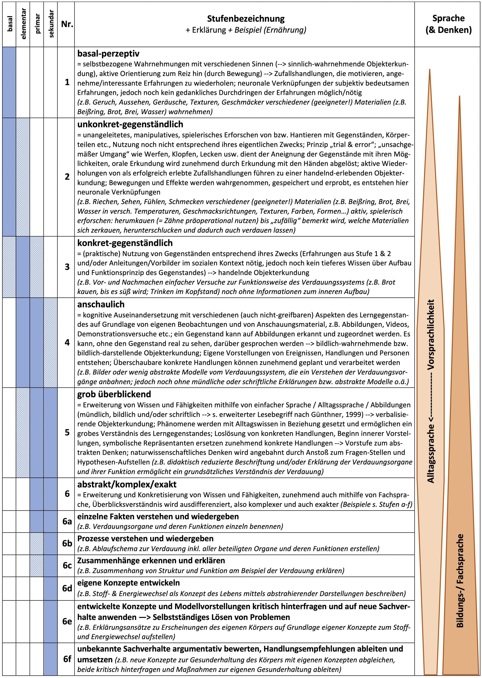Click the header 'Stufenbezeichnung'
point(246,19)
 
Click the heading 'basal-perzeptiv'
point(108,53)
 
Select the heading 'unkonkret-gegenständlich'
point(130,124)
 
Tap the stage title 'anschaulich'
point(101,304)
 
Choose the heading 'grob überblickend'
point(114,394)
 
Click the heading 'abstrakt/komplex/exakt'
point(127,485)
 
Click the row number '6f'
point(67,659)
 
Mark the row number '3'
point(67,267)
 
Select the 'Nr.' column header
point(67,24)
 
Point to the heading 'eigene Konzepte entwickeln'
point(128,583)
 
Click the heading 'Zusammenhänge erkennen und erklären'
point(151,561)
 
